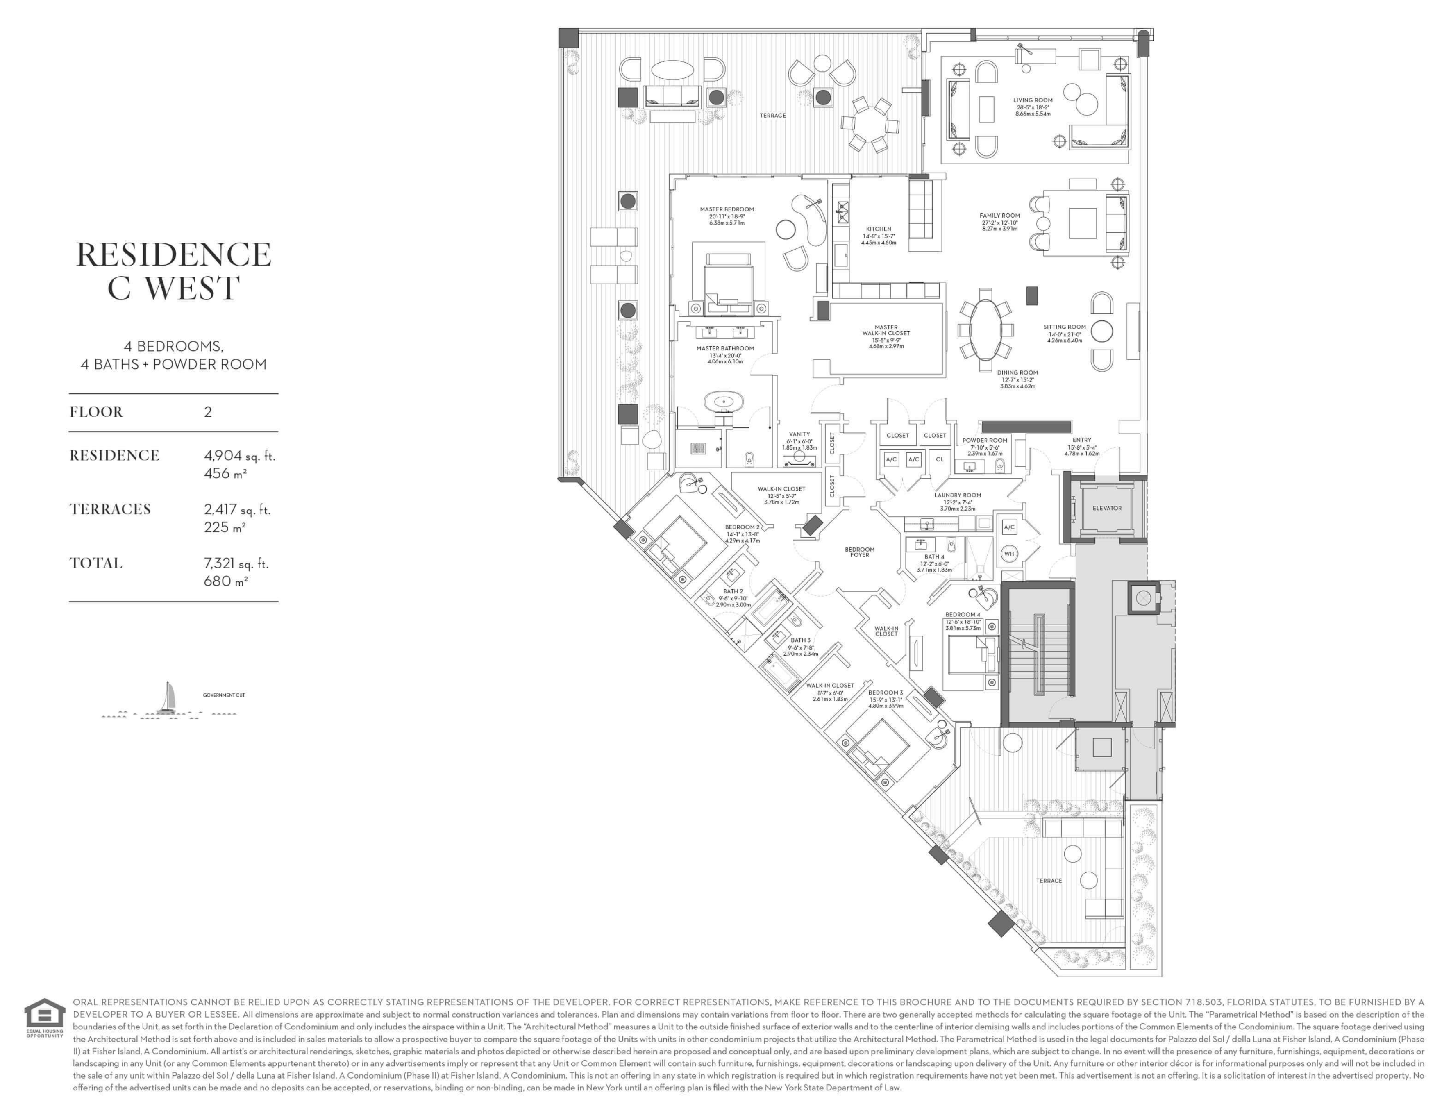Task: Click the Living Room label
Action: (1033, 100)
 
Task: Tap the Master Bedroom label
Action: (727, 209)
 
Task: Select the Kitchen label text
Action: (878, 229)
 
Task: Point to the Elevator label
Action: (1107, 508)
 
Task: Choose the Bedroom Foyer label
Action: (859, 552)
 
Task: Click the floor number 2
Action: (208, 412)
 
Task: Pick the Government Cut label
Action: (224, 695)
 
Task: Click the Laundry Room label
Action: (958, 495)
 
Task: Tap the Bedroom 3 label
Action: (886, 692)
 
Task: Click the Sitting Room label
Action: (1065, 327)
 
